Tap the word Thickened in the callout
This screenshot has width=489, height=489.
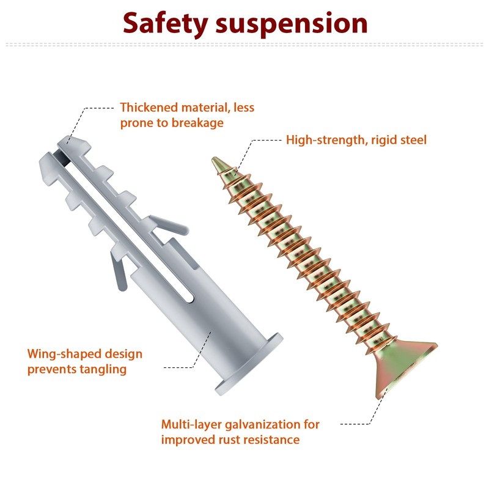point(147,108)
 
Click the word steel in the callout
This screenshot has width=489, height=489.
point(413,140)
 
